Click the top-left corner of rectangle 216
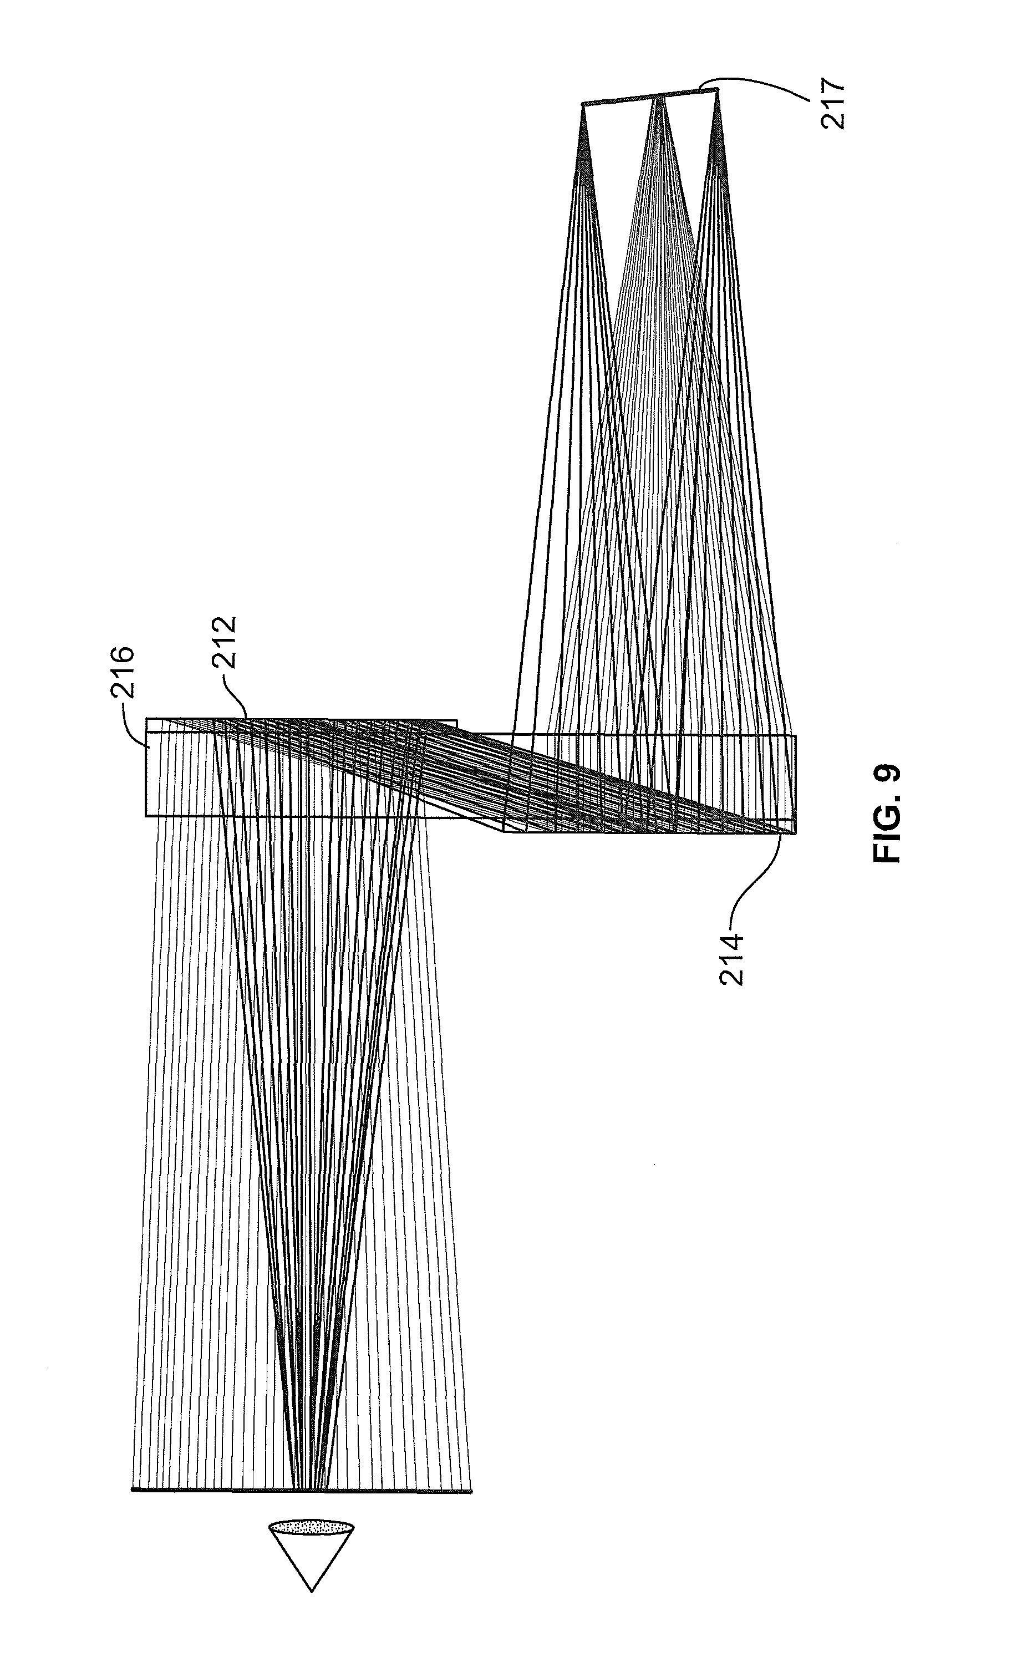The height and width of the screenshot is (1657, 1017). point(146,719)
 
